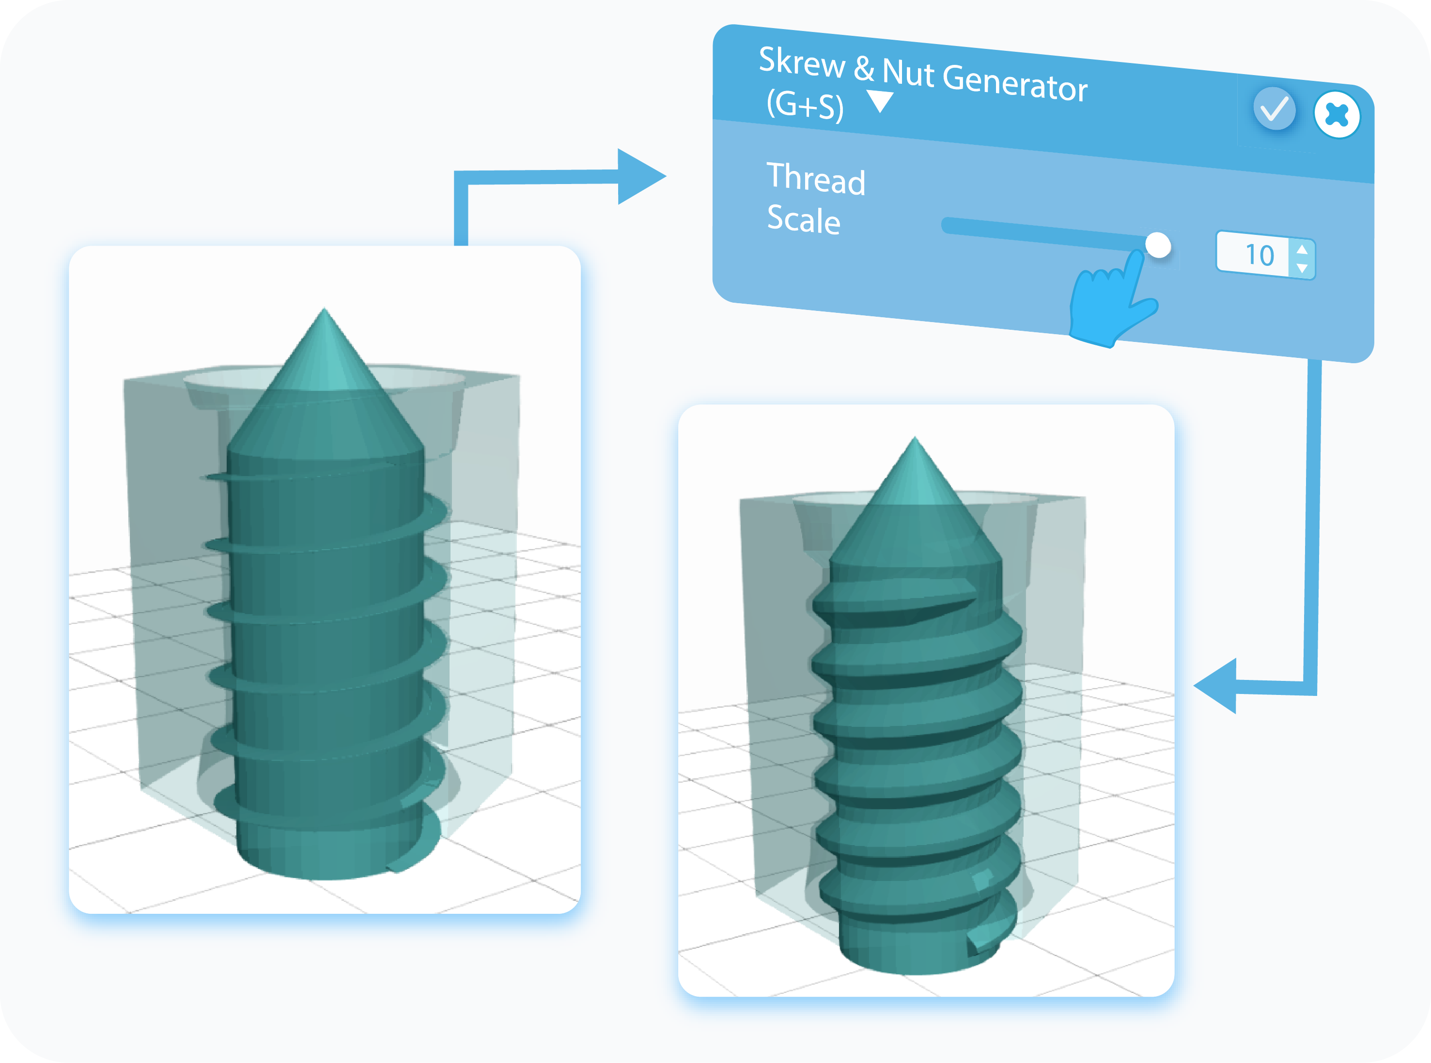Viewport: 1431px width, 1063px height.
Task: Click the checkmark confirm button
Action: pyautogui.click(x=1274, y=109)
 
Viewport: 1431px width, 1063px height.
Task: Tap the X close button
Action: pyautogui.click(x=1337, y=115)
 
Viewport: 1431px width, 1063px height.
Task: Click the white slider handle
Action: pyautogui.click(x=1158, y=245)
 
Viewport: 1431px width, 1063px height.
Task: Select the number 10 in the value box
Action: pyautogui.click(x=1259, y=255)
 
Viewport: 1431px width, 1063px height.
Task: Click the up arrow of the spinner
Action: pyautogui.click(x=1302, y=248)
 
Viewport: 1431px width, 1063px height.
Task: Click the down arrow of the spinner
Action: pyautogui.click(x=1302, y=268)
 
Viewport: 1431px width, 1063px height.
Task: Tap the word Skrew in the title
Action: pyautogui.click(x=801, y=63)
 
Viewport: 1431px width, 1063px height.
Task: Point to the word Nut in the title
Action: pyautogui.click(x=908, y=72)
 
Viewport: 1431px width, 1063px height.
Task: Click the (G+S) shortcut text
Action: pyautogui.click(x=805, y=105)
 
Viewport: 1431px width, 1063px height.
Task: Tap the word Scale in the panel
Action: pyautogui.click(x=803, y=219)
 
